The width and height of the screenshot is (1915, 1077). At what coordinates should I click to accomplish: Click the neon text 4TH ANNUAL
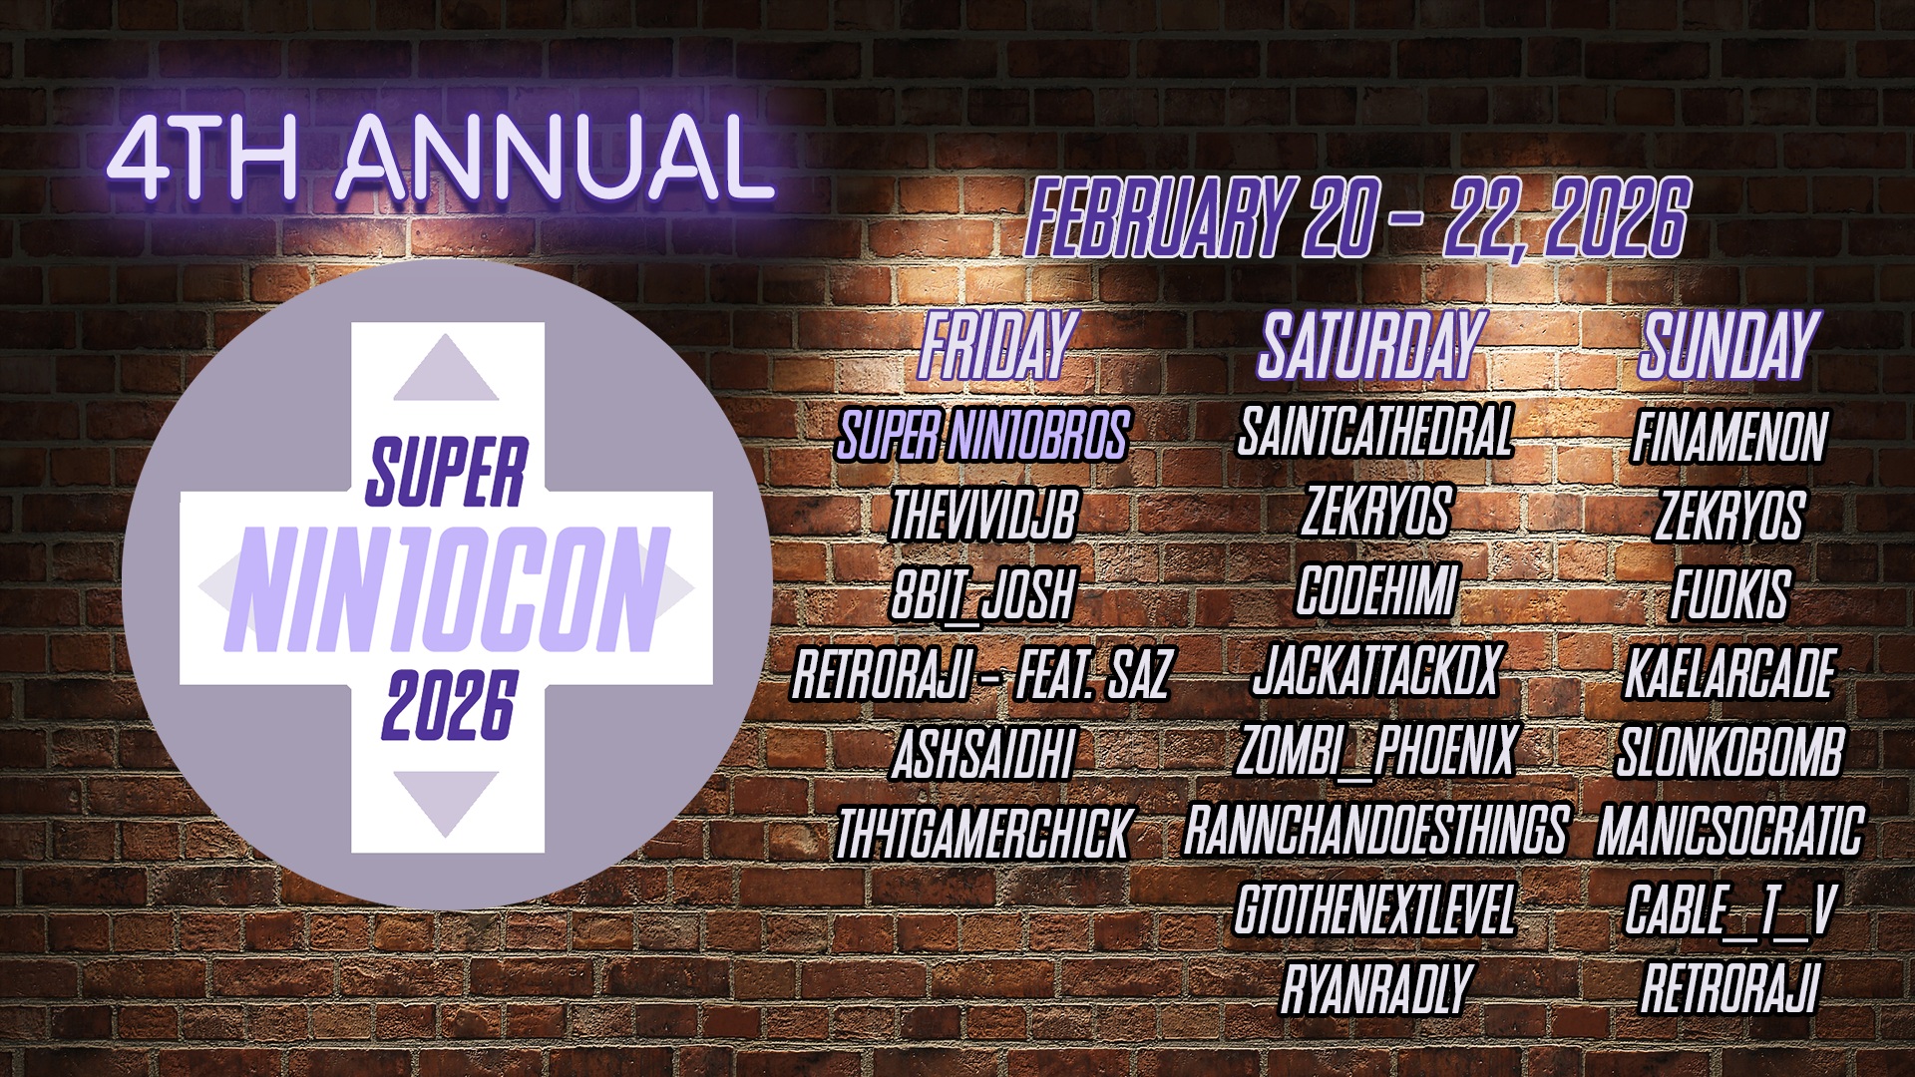pos(442,157)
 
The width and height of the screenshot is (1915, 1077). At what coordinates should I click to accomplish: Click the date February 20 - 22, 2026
pos(1357,218)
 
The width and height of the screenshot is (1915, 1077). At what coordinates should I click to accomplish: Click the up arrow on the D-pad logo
pos(446,368)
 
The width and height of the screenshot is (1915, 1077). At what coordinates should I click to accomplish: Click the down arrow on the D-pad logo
pos(446,804)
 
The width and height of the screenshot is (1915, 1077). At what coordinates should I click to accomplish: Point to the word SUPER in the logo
pos(446,471)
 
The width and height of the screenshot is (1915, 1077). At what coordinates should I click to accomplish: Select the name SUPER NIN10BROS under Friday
pos(982,436)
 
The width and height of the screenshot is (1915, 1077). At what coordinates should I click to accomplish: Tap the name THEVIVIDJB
pos(983,515)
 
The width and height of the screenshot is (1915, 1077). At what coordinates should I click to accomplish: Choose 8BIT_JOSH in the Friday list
pos(982,594)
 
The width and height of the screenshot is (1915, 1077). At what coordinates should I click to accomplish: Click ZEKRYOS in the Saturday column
pos(1376,511)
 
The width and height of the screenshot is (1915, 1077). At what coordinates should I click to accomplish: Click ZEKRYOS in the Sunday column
pos(1729,516)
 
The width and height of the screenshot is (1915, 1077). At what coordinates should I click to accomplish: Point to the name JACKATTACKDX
pos(1376,670)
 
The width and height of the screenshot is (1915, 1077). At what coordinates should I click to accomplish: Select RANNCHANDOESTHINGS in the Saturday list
pos(1376,830)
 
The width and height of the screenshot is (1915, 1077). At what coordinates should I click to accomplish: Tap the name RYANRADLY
pos(1376,989)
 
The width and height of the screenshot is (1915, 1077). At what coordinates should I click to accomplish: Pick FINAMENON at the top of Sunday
pos(1729,436)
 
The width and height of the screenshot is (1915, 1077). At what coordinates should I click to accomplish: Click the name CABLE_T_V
pos(1729,910)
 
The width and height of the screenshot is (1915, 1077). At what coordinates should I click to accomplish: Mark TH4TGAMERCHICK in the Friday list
pos(982,834)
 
